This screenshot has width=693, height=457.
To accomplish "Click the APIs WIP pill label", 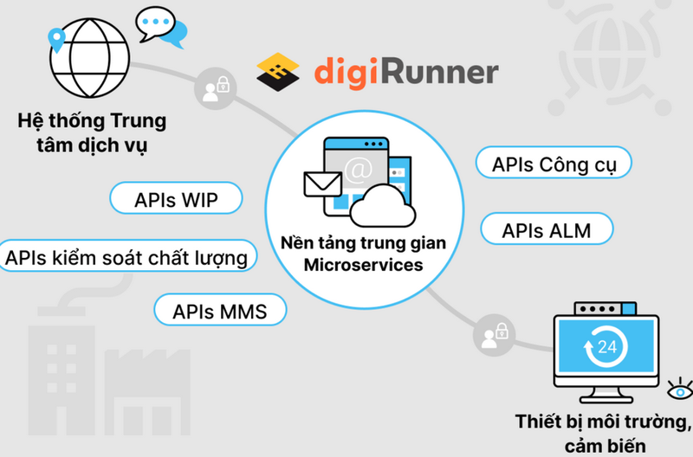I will [176, 201].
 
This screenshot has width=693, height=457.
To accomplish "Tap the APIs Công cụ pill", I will [553, 164].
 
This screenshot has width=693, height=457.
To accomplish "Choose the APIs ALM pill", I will [547, 231].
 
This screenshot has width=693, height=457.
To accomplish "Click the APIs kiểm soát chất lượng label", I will [130, 257].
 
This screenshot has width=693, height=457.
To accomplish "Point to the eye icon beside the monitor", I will [680, 388].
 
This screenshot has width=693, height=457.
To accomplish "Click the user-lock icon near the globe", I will [213, 90].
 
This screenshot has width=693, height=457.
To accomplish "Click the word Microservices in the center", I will [363, 264].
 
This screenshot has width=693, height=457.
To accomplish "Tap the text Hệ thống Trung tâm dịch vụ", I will [91, 132].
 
